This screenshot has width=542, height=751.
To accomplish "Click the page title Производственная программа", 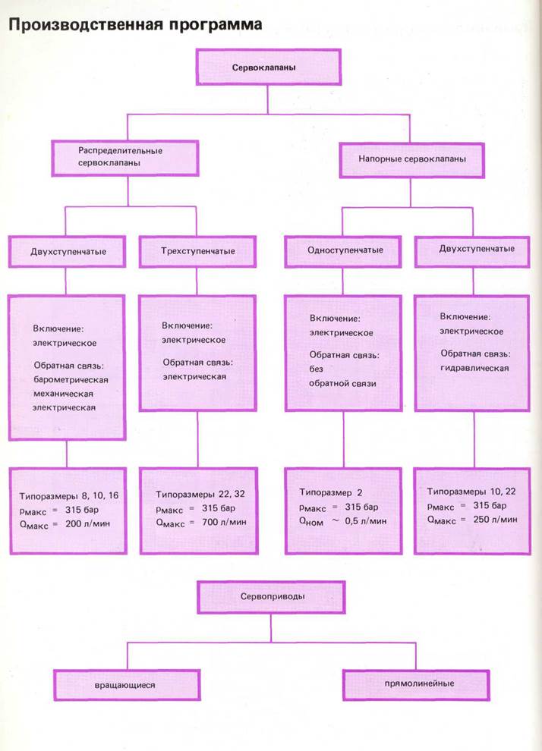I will coord(135,25).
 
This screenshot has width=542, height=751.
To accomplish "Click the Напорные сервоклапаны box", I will coord(411,159).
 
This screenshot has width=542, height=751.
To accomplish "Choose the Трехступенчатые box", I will coord(197,251).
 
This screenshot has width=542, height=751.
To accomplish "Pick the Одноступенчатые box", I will coord(345,250).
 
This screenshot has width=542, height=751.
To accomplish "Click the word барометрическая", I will coord(71,379).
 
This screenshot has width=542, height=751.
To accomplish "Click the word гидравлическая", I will coord(474,368).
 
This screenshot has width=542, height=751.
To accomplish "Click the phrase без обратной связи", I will coord(343,376).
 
